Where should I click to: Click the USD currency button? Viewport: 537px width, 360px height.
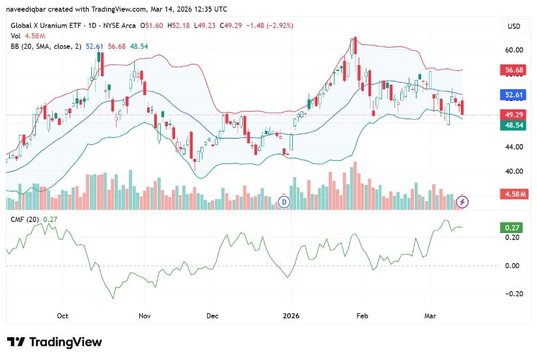[514, 26]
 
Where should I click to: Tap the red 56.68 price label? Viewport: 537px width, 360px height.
[514, 70]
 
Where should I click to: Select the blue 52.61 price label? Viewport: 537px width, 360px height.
[514, 95]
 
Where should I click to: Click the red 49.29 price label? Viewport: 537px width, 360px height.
[514, 115]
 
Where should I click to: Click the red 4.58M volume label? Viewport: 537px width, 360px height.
[514, 194]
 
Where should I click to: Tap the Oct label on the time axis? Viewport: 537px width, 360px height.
[62, 316]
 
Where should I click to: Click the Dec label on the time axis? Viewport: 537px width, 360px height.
[212, 316]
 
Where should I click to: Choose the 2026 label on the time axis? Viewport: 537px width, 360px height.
[291, 316]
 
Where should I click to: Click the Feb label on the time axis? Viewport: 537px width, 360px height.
[363, 316]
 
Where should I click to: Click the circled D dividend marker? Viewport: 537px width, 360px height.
[284, 202]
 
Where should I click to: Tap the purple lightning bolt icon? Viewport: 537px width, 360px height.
[462, 202]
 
